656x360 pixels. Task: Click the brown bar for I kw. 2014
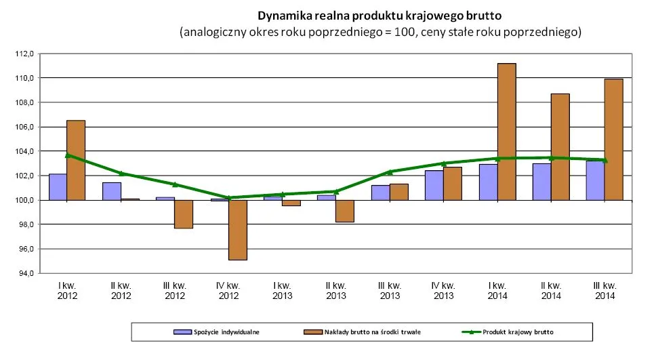point(506,132)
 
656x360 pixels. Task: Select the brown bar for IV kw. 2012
point(237,230)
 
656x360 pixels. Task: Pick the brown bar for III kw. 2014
point(613,140)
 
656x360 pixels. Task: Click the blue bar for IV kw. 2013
point(434,185)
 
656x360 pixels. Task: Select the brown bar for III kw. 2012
point(184,214)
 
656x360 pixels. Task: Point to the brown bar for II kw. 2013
point(345,211)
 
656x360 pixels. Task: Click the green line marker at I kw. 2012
point(67,155)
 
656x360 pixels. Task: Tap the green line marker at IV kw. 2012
point(228,198)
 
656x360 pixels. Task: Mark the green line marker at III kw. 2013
point(390,172)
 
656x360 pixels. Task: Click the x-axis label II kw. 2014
point(550,291)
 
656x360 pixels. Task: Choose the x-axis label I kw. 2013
point(282,291)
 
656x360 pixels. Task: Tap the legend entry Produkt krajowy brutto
point(512,332)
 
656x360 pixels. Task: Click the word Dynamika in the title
point(283,15)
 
